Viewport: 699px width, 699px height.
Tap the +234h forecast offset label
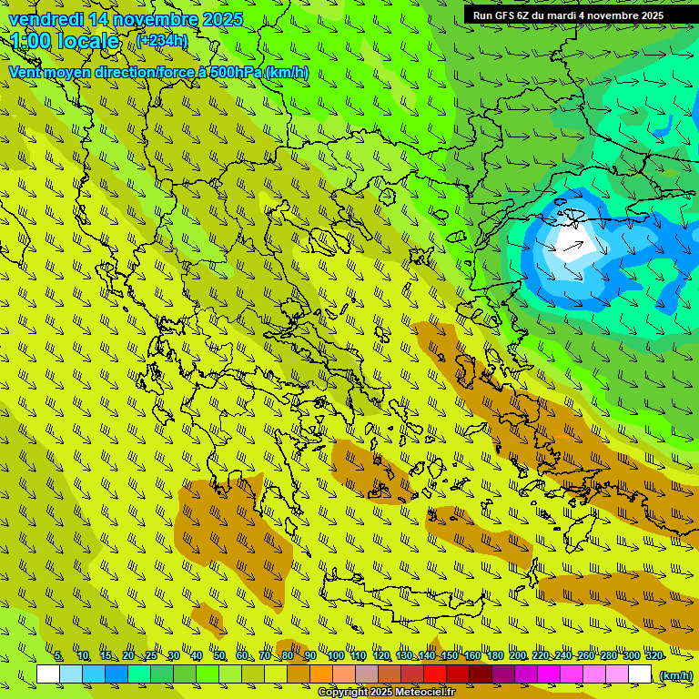tap(162, 40)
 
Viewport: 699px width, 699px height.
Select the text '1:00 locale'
tap(65, 41)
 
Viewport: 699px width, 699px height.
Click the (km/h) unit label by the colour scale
tap(675, 674)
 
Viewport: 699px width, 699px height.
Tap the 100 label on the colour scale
tap(336, 655)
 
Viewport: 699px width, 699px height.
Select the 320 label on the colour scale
tap(653, 655)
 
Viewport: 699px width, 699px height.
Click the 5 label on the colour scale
tap(58, 655)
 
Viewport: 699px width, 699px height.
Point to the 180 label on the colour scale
tap(494, 655)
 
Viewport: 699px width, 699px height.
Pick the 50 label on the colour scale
tap(219, 655)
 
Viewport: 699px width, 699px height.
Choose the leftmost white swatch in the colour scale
tap(48, 674)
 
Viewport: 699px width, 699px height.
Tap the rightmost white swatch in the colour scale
tap(640, 674)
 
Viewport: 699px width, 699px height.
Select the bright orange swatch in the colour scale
tap(321, 674)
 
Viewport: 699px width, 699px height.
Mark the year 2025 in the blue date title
tap(223, 19)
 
